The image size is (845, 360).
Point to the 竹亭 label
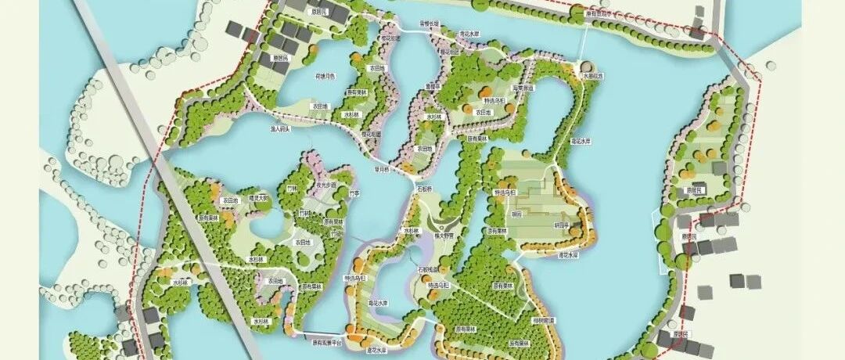click(x=354, y=193)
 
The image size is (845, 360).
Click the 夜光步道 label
click(x=325, y=185)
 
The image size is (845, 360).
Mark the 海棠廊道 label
click(x=523, y=88)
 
